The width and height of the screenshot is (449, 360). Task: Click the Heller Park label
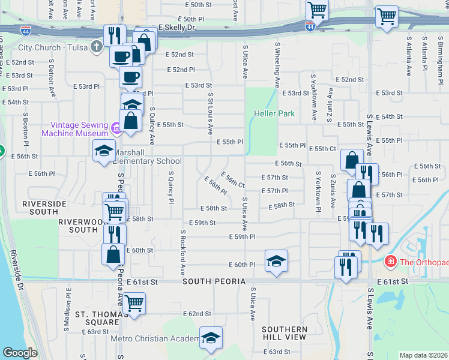(274, 113)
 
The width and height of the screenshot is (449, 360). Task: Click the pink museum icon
(115, 127)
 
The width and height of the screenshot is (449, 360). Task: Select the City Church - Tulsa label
(52, 47)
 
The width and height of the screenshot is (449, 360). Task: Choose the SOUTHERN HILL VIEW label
(285, 334)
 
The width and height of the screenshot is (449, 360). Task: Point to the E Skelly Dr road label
(177, 28)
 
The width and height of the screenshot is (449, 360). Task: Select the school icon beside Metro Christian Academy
(211, 338)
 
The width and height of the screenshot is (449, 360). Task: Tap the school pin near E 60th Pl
(276, 261)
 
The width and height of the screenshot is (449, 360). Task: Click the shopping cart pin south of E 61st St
(134, 304)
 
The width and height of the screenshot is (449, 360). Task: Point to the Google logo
(20, 353)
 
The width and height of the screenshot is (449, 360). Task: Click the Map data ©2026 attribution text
(423, 355)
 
